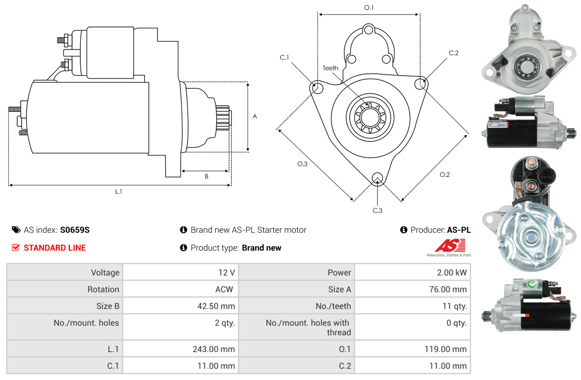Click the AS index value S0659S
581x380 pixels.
click(x=75, y=230)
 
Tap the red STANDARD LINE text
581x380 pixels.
click(x=55, y=248)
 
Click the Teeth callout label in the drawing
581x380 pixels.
click(x=330, y=68)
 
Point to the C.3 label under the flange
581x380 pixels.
click(x=377, y=210)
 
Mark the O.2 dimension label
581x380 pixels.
click(x=445, y=175)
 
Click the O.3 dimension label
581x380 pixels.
click(x=302, y=164)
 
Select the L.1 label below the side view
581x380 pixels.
click(x=119, y=191)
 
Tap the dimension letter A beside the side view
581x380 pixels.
click(x=255, y=117)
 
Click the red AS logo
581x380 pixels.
click(x=450, y=245)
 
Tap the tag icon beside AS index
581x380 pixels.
click(x=16, y=230)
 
